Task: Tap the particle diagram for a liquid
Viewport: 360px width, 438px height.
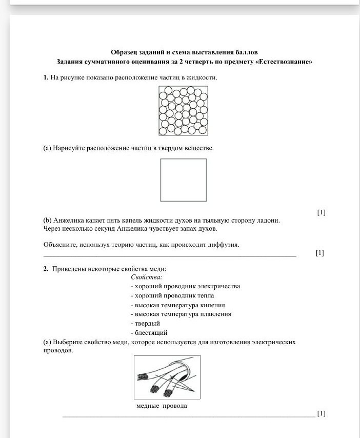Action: [x=184, y=111]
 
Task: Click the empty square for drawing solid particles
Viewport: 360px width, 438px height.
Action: [x=184, y=180]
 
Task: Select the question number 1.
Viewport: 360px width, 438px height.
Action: [x=46, y=78]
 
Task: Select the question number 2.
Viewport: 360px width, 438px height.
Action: [x=46, y=269]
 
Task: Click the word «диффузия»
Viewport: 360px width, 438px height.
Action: [x=226, y=245]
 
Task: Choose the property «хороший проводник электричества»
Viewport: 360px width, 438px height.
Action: [x=186, y=286]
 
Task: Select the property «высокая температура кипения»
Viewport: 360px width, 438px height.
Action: [x=181, y=305]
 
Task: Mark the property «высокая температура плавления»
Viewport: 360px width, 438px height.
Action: [x=181, y=314]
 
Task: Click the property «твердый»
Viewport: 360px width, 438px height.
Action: [x=146, y=323]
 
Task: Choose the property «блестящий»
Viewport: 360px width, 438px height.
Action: [x=149, y=332]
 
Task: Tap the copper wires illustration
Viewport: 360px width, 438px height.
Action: [x=167, y=377]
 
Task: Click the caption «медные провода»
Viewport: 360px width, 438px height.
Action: [x=162, y=406]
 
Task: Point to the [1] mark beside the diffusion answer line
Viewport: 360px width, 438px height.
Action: [x=320, y=253]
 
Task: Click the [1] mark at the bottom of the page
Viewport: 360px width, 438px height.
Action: [x=321, y=413]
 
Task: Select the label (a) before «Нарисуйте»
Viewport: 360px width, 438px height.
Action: [x=47, y=148]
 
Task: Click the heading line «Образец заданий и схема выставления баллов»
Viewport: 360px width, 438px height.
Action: [x=184, y=52]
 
